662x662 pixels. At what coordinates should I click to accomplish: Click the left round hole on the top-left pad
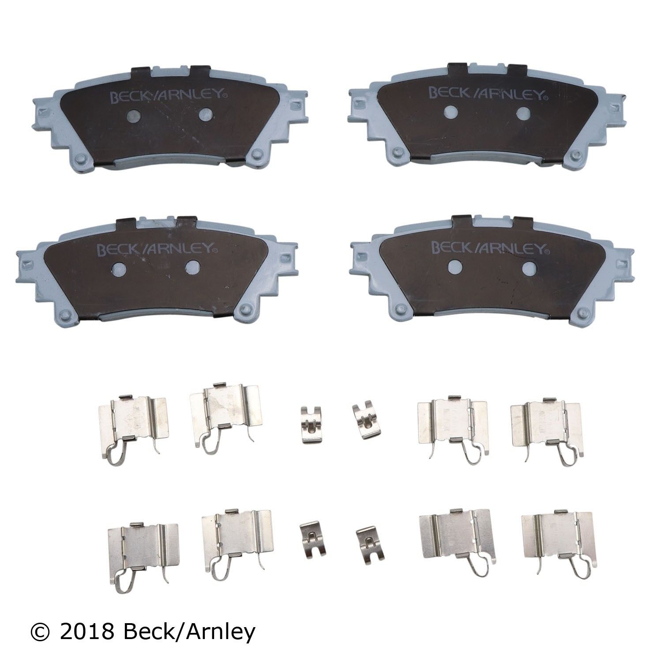[132, 116]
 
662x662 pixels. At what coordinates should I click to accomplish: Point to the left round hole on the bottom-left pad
[119, 268]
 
